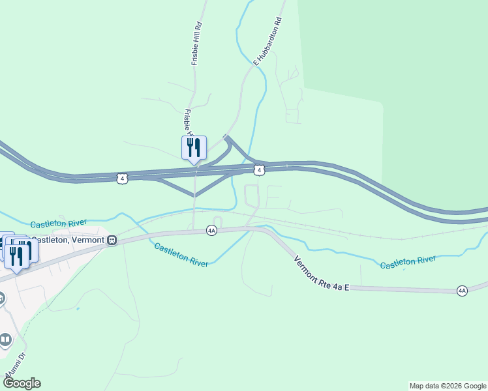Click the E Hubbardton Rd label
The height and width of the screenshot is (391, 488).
268,41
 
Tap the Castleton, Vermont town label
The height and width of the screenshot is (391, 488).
68,240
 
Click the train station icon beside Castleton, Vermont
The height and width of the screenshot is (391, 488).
112,240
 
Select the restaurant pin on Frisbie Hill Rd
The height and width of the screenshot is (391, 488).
194,149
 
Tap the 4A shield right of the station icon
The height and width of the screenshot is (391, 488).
211,230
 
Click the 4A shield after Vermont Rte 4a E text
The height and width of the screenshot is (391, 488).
462,291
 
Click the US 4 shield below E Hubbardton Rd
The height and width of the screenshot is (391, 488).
260,170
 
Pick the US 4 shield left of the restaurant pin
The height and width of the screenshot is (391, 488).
121,178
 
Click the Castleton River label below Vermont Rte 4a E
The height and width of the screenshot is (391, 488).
408,262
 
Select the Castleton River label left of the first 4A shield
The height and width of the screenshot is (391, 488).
181,255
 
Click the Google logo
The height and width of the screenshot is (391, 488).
22,383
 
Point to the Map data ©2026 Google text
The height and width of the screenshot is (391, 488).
448,386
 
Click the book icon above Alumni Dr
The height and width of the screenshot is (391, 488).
5,340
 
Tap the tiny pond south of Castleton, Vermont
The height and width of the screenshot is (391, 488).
78,308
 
